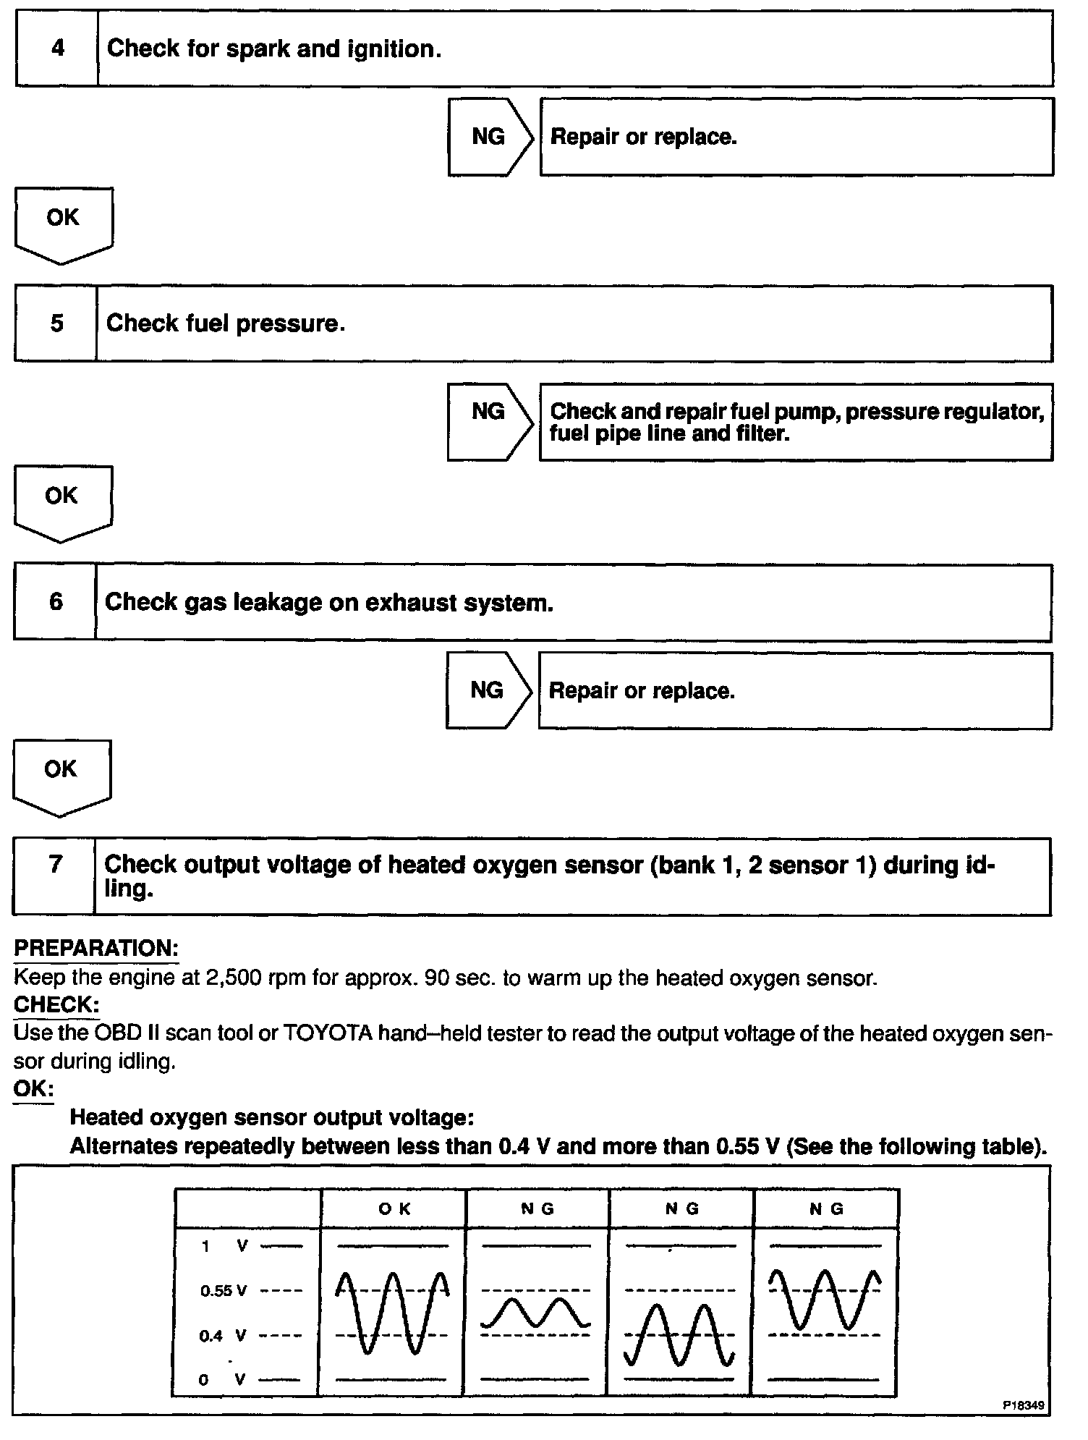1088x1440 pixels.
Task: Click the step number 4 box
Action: (x=57, y=48)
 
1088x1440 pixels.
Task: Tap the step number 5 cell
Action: (x=56, y=323)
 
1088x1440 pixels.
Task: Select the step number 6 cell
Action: (x=56, y=601)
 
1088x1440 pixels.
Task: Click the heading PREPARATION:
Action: (x=96, y=949)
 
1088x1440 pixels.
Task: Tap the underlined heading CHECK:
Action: (x=56, y=1005)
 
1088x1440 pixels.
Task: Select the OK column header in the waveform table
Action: (x=394, y=1208)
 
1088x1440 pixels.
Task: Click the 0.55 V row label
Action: (x=224, y=1291)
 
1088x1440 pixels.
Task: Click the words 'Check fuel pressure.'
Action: (x=226, y=323)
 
